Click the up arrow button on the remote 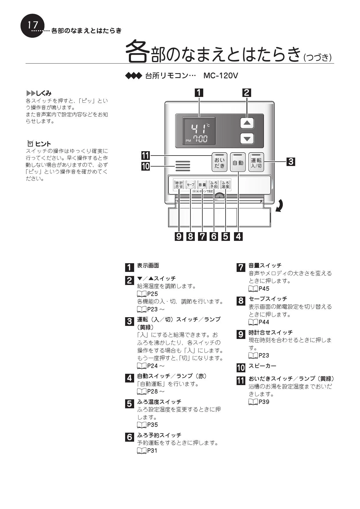[247, 123]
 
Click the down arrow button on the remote [247, 138]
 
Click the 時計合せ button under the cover [179, 185]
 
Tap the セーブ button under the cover [190, 185]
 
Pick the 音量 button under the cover [202, 185]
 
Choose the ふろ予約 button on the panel [214, 185]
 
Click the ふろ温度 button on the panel [225, 185]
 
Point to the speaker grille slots [183, 166]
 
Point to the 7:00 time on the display [200, 140]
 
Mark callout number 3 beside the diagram [291, 162]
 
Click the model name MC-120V [221, 76]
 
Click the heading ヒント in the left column [43, 144]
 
